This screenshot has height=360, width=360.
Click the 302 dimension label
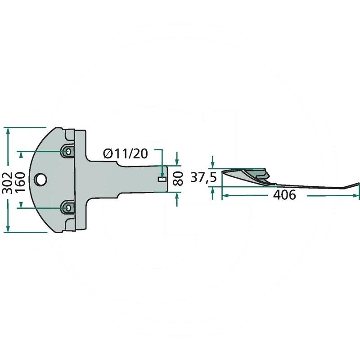coord(8,179)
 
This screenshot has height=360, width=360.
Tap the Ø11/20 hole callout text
coord(126,153)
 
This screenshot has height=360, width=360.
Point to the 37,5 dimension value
coord(203,178)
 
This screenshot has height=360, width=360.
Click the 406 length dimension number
coord(284,195)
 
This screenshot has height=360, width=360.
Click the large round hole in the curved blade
coord(40,179)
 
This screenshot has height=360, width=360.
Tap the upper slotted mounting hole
coord(68,151)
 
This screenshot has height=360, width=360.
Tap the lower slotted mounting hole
coord(68,207)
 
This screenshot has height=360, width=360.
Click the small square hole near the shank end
coord(162,179)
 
